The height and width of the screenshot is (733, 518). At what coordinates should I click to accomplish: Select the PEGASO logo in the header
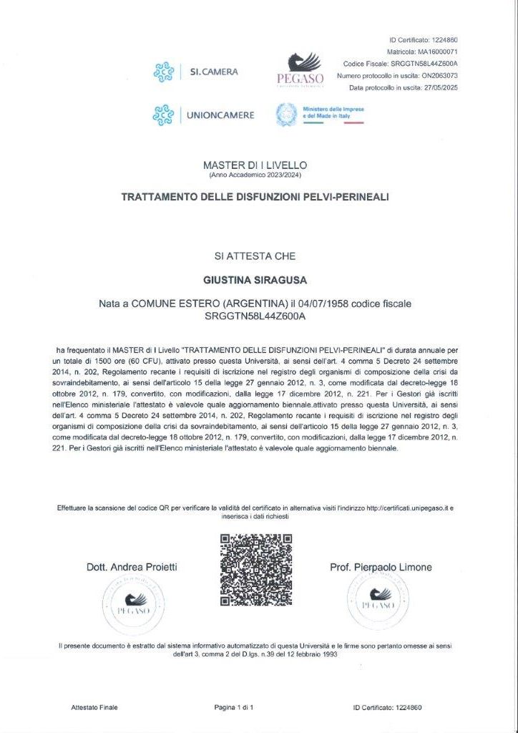click(x=300, y=69)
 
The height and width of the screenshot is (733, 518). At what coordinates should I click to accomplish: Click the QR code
click(x=255, y=571)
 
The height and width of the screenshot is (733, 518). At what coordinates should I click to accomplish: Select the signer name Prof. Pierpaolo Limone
click(x=381, y=568)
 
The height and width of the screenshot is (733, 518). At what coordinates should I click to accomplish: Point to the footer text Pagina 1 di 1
click(x=234, y=708)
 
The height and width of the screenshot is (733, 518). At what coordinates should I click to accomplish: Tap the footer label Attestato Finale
click(x=94, y=708)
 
